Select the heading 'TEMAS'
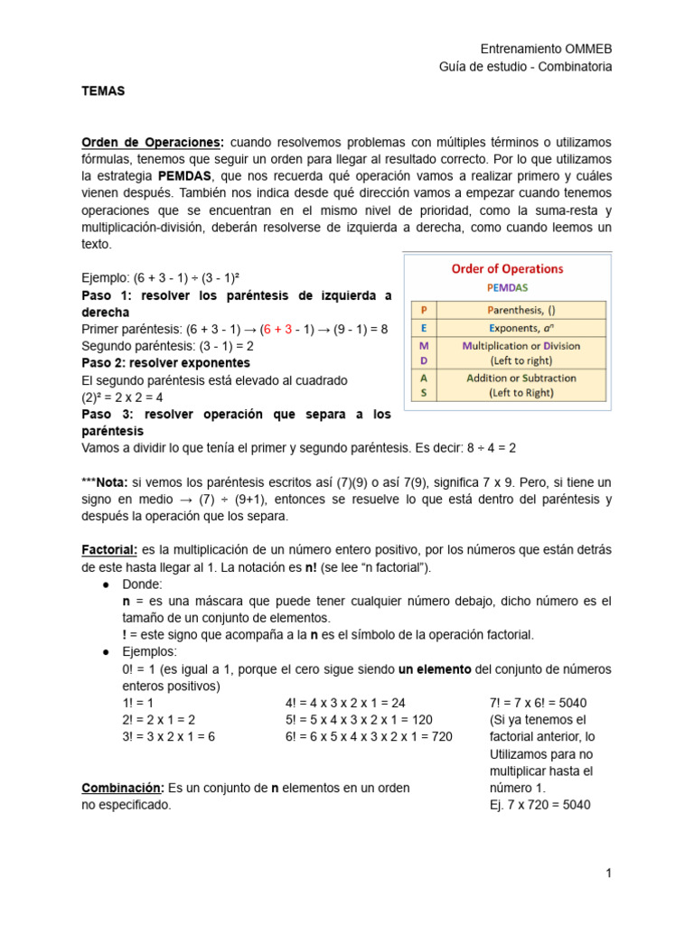[x=103, y=91]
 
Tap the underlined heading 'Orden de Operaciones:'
[x=152, y=143]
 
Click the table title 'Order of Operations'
[x=507, y=268]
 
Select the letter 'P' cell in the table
[x=424, y=310]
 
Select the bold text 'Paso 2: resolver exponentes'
[x=165, y=362]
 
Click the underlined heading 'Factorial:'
[x=109, y=550]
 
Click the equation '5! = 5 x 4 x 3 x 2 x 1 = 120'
[x=359, y=719]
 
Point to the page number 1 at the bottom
[x=609, y=873]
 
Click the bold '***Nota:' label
[x=106, y=482]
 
